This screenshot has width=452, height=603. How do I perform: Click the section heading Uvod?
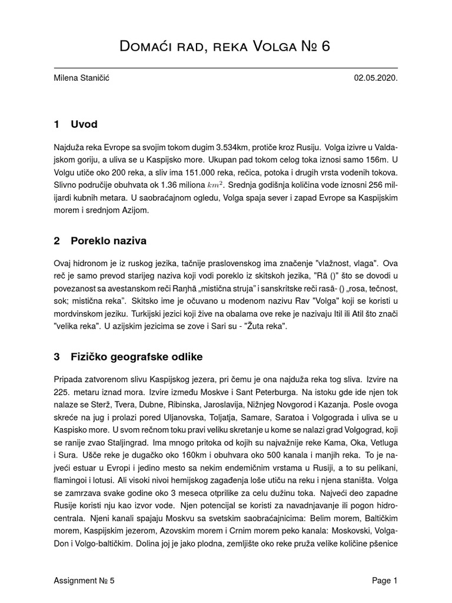coord(84,124)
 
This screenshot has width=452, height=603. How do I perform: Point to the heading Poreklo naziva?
coord(108,241)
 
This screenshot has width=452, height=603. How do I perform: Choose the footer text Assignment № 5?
coord(84,581)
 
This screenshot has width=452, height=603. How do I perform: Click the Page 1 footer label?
coord(384,581)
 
